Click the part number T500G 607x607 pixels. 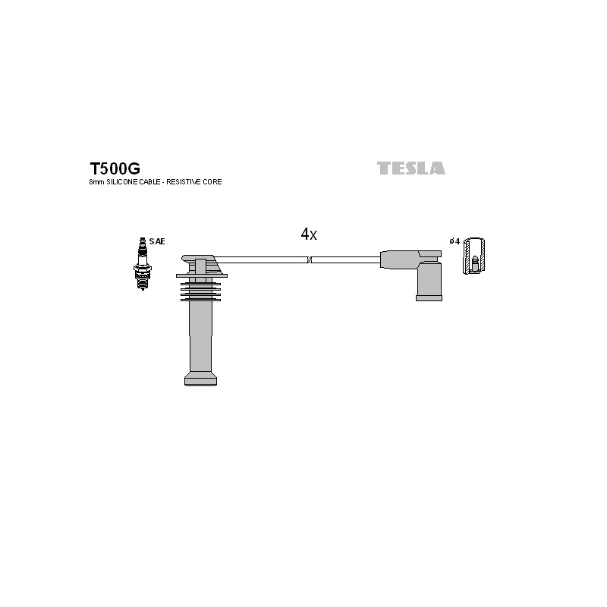pos(115,168)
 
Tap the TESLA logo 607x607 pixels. pos(411,168)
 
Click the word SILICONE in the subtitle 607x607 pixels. pos(122,182)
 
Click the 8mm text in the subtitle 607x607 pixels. pos(97,182)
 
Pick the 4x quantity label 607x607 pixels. pos(309,234)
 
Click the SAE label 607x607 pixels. pos(157,241)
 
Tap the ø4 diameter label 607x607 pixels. pos(454,241)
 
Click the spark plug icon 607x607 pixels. pos(142,263)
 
